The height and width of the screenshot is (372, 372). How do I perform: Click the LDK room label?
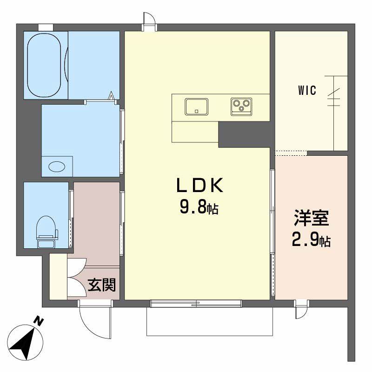tap(199, 186)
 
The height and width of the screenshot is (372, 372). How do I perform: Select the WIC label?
tap(307, 91)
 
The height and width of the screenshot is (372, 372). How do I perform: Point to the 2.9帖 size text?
tap(311, 240)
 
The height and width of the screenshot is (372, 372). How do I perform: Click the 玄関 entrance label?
tap(102, 285)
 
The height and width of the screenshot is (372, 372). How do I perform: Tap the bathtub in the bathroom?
tap(45, 65)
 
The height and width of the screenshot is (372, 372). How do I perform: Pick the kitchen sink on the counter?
tap(197, 106)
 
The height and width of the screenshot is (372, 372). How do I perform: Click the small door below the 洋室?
tap(301, 309)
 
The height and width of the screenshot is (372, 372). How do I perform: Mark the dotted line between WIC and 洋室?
tap(291, 153)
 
